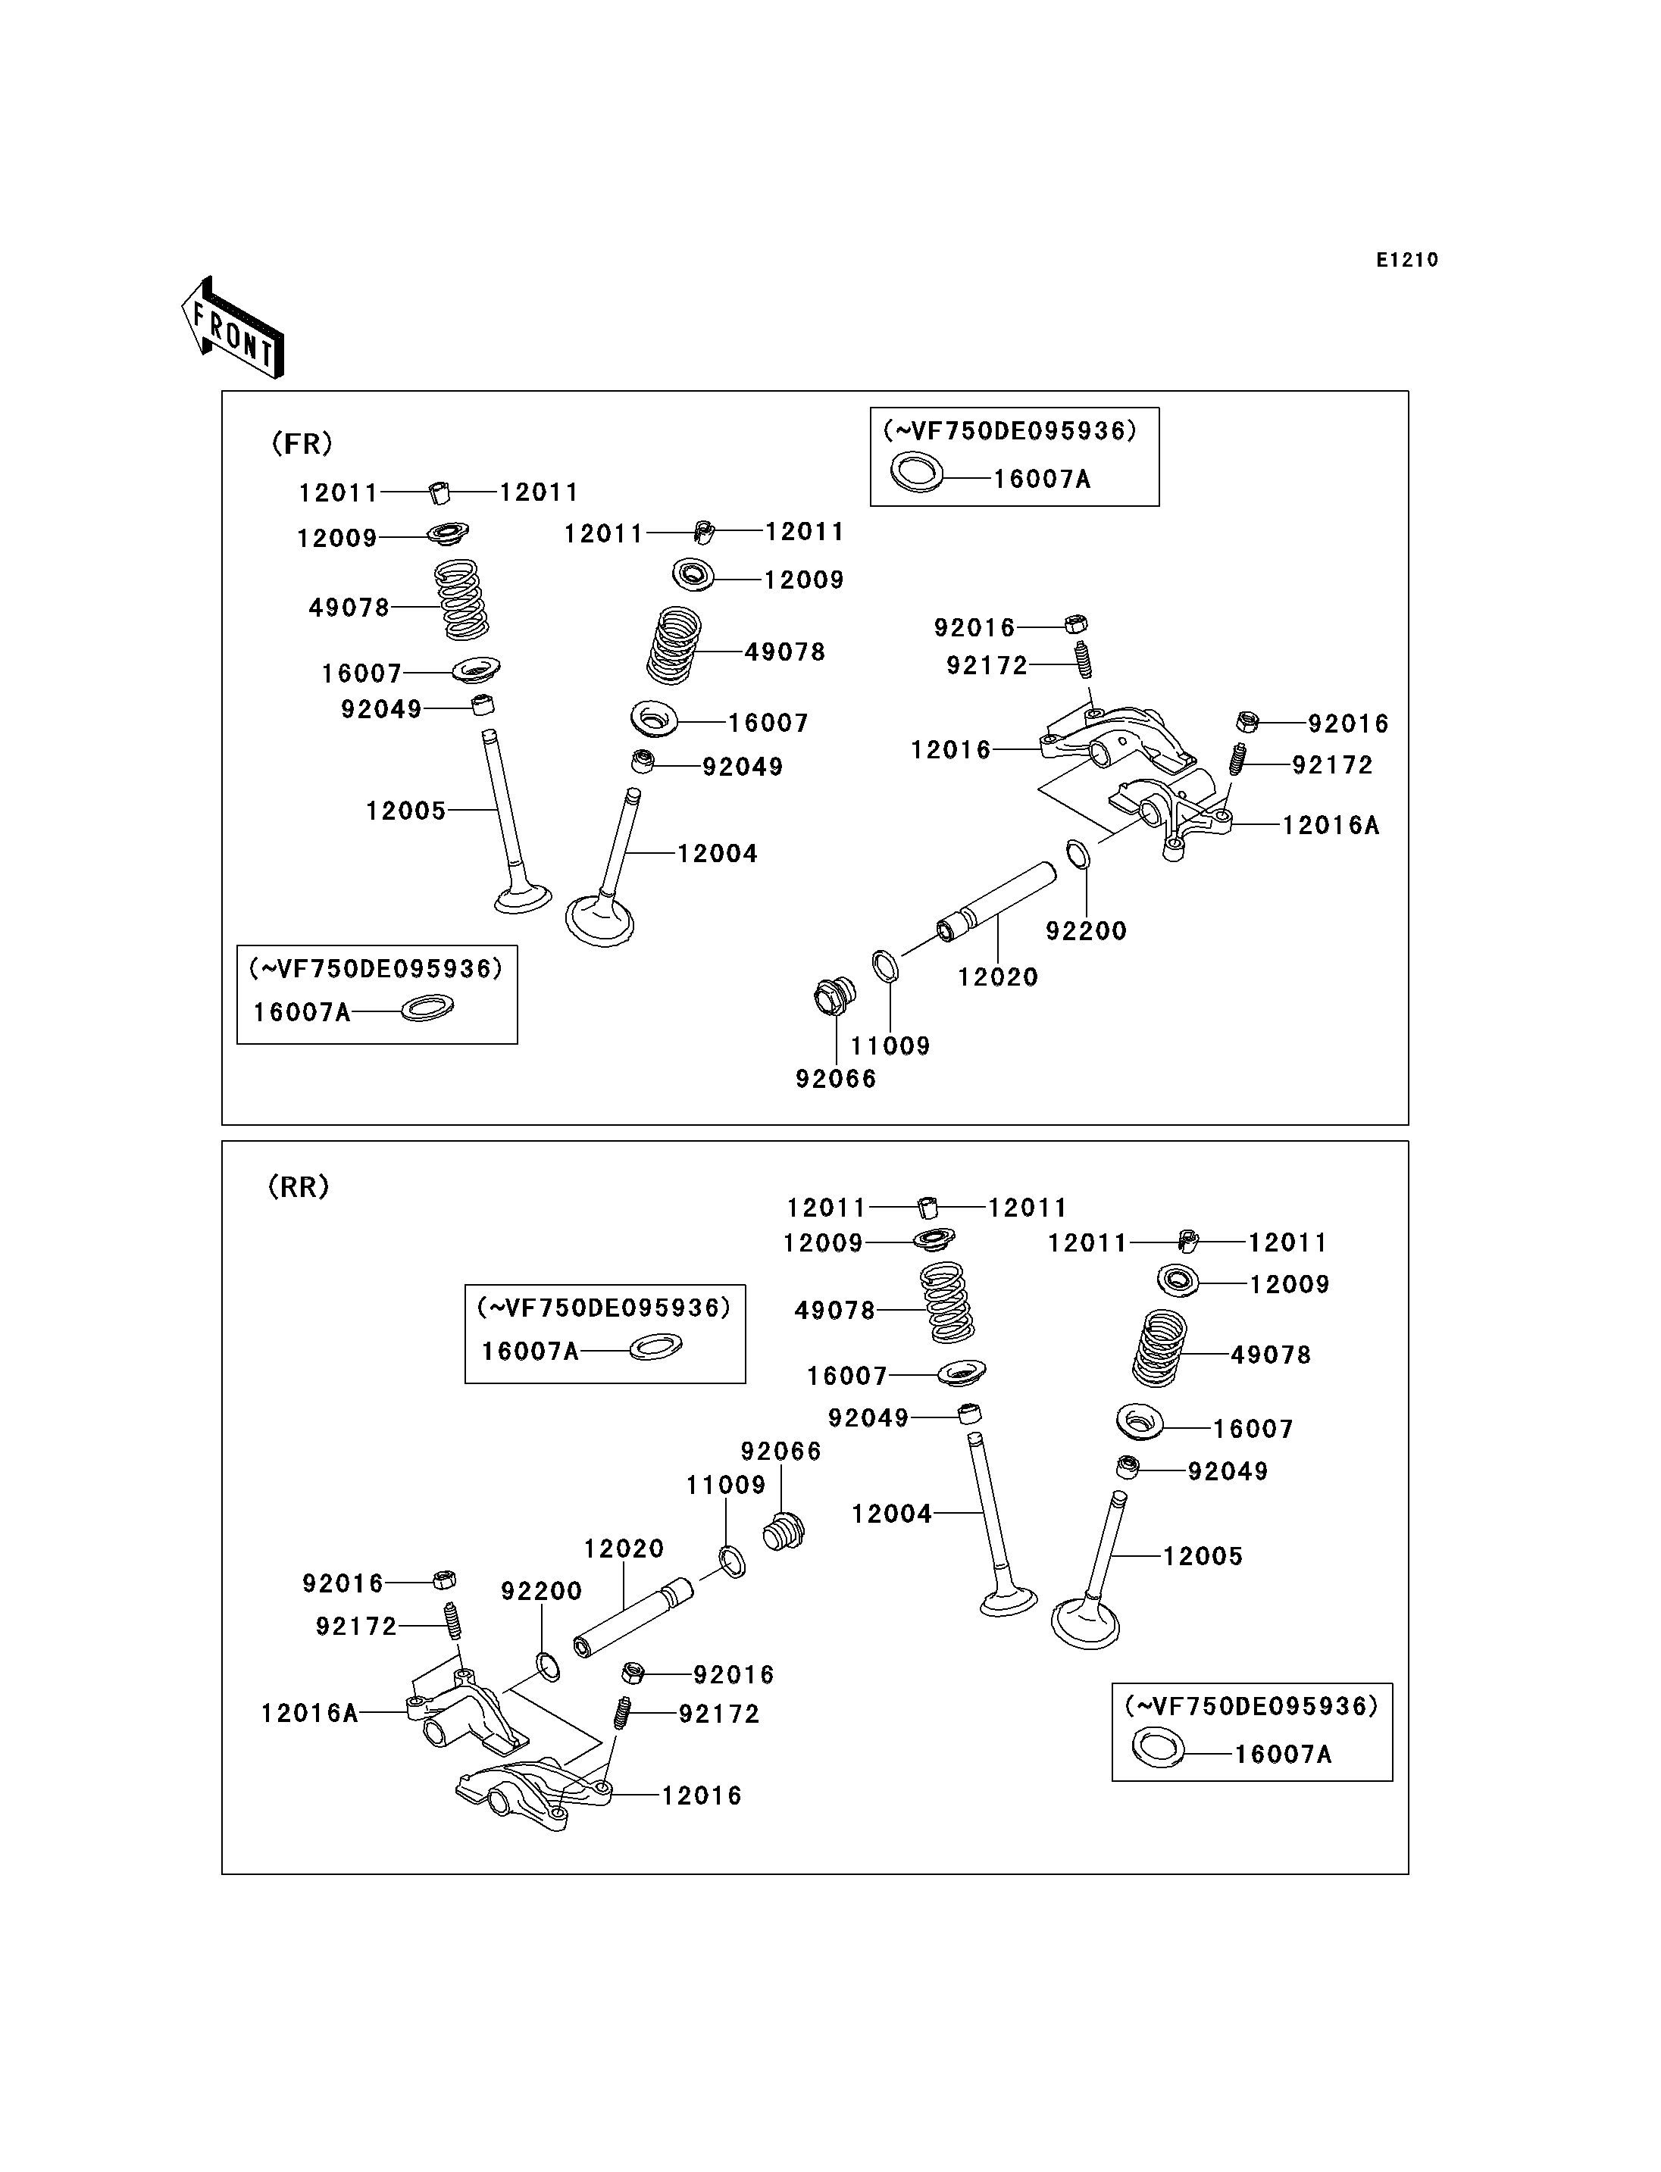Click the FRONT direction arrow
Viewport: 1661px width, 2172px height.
[x=233, y=328]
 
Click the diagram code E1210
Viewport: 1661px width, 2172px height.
[x=1407, y=260]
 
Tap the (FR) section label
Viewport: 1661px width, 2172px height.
[x=302, y=444]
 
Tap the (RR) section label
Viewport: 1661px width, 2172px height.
[x=299, y=1186]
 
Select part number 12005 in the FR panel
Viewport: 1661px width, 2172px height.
[x=406, y=811]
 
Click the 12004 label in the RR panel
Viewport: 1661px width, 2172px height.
[x=892, y=1514]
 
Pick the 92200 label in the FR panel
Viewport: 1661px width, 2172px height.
[x=1087, y=930]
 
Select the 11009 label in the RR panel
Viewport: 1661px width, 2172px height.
[x=727, y=1485]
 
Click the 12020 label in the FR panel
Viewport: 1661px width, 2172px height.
[x=999, y=977]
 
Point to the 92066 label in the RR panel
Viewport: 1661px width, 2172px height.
[x=781, y=1452]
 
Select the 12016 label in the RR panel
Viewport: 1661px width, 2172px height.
[x=702, y=1795]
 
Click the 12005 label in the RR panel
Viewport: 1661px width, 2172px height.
[x=1203, y=1556]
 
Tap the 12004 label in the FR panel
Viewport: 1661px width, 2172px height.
[x=718, y=853]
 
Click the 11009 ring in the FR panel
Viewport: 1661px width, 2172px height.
[x=885, y=966]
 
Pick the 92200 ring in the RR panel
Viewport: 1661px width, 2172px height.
[x=548, y=1666]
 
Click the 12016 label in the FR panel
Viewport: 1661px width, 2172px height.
[x=951, y=750]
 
